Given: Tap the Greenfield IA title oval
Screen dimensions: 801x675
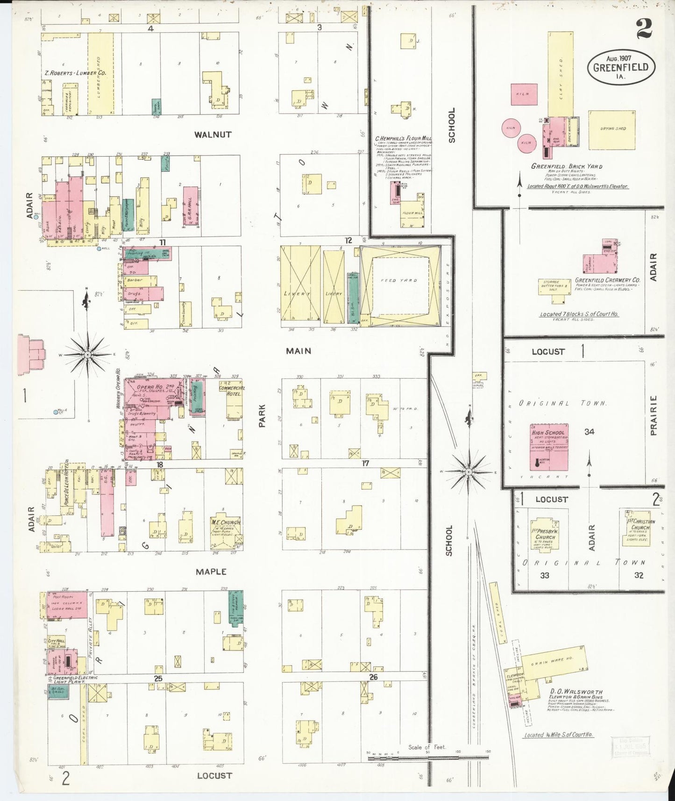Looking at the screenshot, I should (621, 66).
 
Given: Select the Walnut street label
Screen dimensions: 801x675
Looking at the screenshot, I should (213, 135).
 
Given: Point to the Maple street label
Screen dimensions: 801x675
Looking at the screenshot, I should (211, 572).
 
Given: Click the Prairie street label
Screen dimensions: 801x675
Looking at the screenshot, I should (653, 415).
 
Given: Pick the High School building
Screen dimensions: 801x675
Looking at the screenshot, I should (549, 447).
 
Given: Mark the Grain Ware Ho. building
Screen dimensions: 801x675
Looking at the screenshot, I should (554, 664).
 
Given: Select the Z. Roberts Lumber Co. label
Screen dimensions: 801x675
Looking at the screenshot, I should (76, 73).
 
